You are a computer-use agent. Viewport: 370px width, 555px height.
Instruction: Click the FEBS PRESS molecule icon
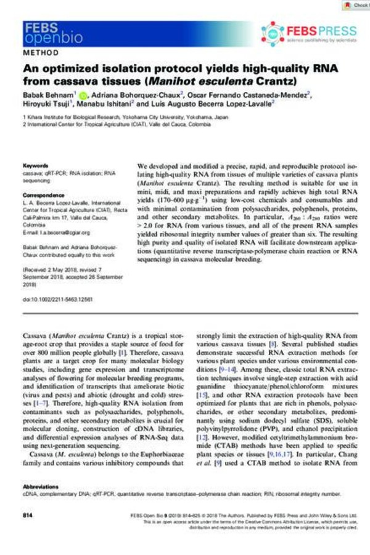[273, 32]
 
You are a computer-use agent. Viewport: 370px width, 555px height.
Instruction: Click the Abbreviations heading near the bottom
[43, 486]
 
